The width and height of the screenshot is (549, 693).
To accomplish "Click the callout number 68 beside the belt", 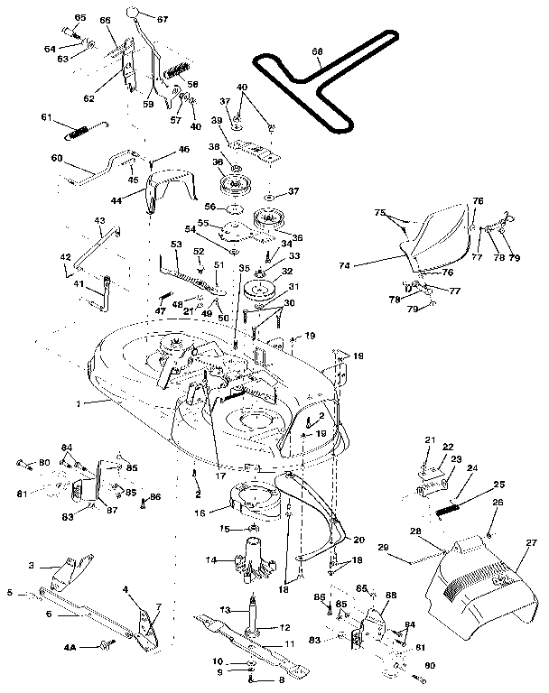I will (316, 53).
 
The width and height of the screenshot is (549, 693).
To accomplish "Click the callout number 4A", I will (96, 647).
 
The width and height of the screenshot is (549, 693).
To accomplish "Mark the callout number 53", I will (176, 244).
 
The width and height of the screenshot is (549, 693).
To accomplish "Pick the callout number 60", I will (56, 157).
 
